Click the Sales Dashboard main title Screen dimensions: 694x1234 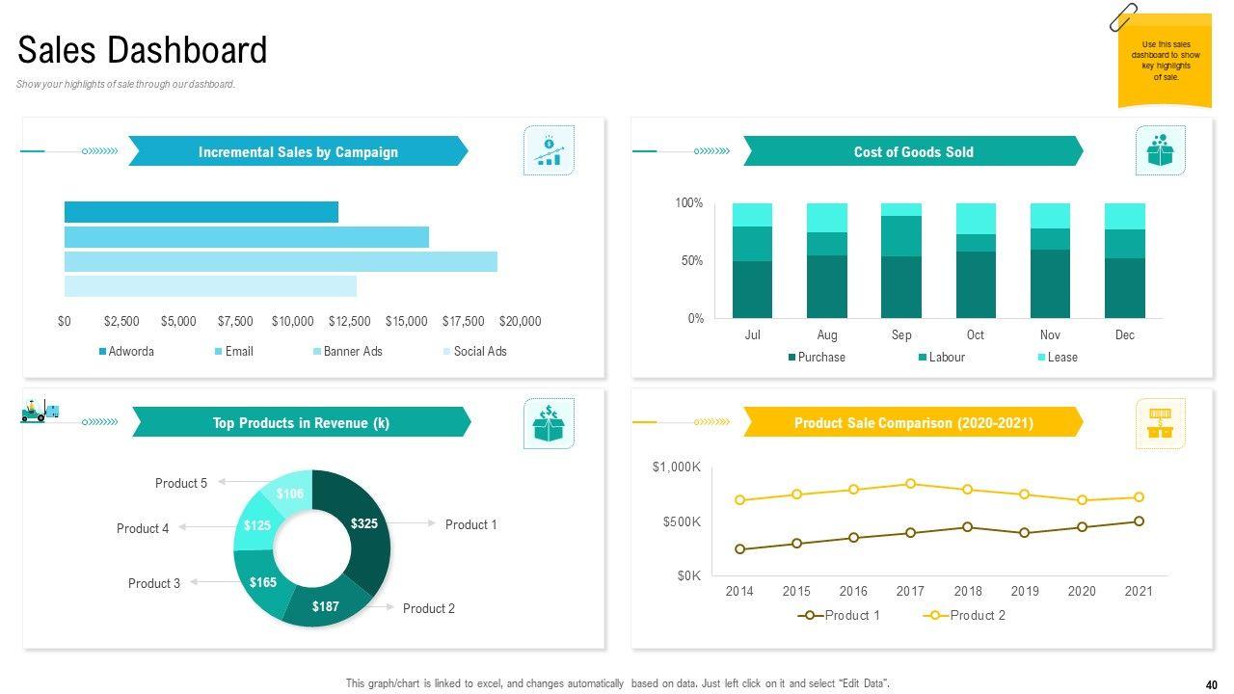(x=143, y=50)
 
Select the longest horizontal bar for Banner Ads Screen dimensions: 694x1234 (x=281, y=262)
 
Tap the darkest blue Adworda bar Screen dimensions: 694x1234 (x=201, y=212)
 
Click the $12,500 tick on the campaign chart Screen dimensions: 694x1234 (x=349, y=321)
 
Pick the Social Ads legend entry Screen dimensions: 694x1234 (x=479, y=352)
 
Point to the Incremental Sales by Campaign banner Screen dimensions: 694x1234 (x=298, y=152)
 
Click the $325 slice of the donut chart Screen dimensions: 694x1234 (x=367, y=525)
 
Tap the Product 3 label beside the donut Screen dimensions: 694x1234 (x=154, y=583)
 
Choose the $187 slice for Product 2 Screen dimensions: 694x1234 (x=326, y=606)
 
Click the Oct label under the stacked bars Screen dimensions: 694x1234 (x=976, y=335)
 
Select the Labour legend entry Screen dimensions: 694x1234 (x=946, y=358)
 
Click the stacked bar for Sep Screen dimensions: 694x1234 (x=901, y=260)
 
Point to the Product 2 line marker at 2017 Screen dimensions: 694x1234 (x=911, y=484)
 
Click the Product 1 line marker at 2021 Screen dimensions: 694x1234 (x=1139, y=521)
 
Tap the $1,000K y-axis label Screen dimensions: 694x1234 (x=677, y=467)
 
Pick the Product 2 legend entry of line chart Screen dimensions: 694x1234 (x=977, y=616)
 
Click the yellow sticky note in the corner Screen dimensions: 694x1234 (x=1165, y=61)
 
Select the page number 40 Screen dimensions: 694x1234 (x=1212, y=685)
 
